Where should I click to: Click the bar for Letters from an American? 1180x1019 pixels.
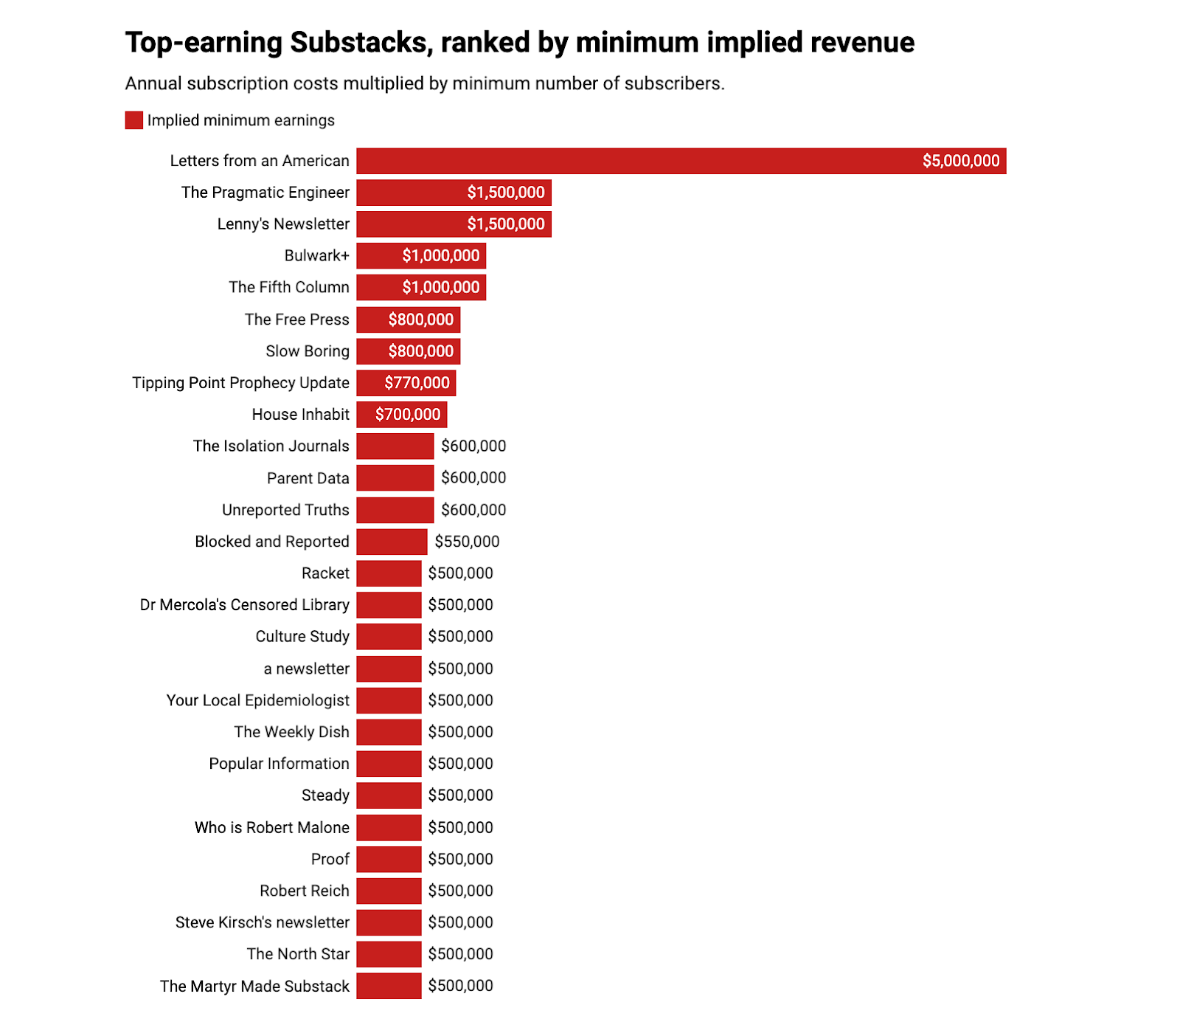pos(634,161)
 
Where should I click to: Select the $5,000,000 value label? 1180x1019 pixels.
pos(960,161)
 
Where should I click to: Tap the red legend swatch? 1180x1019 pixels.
pos(133,120)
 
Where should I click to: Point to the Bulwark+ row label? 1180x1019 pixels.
pos(316,255)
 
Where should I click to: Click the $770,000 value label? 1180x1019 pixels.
pos(417,383)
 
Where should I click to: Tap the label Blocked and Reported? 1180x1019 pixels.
pos(271,542)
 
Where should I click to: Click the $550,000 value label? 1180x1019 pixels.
pos(467,542)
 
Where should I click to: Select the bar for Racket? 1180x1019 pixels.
pos(389,573)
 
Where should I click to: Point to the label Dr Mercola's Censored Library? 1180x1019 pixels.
pos(244,605)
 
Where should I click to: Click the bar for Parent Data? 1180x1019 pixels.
pos(395,478)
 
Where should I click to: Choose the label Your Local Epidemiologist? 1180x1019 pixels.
pos(257,700)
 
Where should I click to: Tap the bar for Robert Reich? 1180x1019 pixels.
pos(389,891)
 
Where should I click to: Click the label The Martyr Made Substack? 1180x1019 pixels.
pos(254,986)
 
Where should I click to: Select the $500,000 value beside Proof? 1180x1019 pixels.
pos(460,859)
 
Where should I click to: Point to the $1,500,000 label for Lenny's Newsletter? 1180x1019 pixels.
pos(505,224)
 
